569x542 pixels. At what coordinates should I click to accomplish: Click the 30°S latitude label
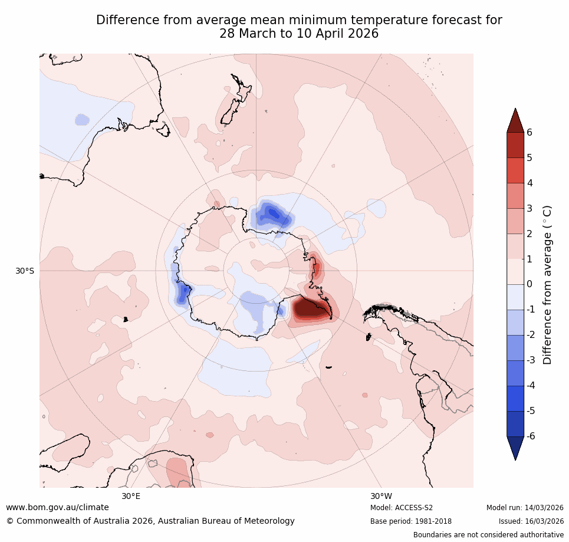(x=25, y=271)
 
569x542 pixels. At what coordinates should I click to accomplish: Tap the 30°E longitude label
(x=131, y=496)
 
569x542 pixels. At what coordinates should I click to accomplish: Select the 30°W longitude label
(x=381, y=496)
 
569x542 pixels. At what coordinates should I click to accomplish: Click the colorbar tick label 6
(x=529, y=132)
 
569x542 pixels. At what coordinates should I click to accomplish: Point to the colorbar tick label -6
(x=531, y=436)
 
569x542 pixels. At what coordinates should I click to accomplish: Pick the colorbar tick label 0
(x=529, y=284)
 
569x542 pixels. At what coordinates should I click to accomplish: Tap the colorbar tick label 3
(x=529, y=208)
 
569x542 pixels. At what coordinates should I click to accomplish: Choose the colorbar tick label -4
(x=531, y=385)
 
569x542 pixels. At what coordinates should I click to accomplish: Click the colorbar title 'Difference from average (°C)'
(x=547, y=284)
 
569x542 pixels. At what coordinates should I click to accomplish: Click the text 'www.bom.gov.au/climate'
(x=57, y=507)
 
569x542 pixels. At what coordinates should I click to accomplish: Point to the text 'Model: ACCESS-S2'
(x=402, y=508)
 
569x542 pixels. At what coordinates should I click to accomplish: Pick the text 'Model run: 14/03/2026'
(x=525, y=508)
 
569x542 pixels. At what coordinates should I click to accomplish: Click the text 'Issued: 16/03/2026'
(x=531, y=521)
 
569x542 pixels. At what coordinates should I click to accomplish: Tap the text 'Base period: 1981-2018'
(x=410, y=521)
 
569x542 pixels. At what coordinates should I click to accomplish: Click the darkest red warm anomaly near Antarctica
(x=307, y=307)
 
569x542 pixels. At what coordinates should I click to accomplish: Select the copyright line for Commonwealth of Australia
(x=150, y=521)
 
